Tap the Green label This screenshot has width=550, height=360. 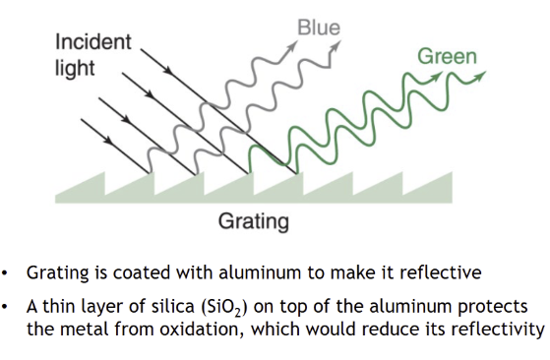[x=448, y=56]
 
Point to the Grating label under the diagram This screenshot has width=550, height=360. [x=253, y=221]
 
